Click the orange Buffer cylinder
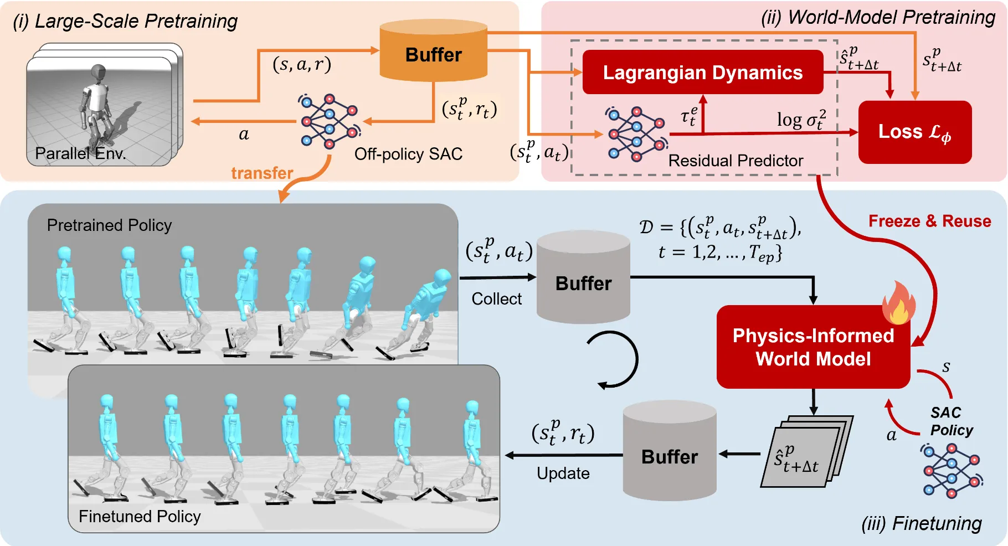tap(433, 53)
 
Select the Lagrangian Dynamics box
tap(702, 73)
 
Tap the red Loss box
tap(914, 132)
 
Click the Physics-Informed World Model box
tap(812, 347)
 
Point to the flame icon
tap(898, 303)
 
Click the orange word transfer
tap(262, 173)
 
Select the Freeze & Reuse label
tap(929, 222)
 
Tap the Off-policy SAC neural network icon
tap(329, 121)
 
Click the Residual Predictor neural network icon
tap(636, 134)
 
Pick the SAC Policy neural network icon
tap(951, 470)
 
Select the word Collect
tap(496, 299)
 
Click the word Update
tap(563, 473)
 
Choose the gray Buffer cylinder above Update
tap(669, 451)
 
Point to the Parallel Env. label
tap(80, 153)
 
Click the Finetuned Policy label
tap(140, 517)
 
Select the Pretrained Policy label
tap(109, 225)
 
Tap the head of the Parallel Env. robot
tap(99, 71)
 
